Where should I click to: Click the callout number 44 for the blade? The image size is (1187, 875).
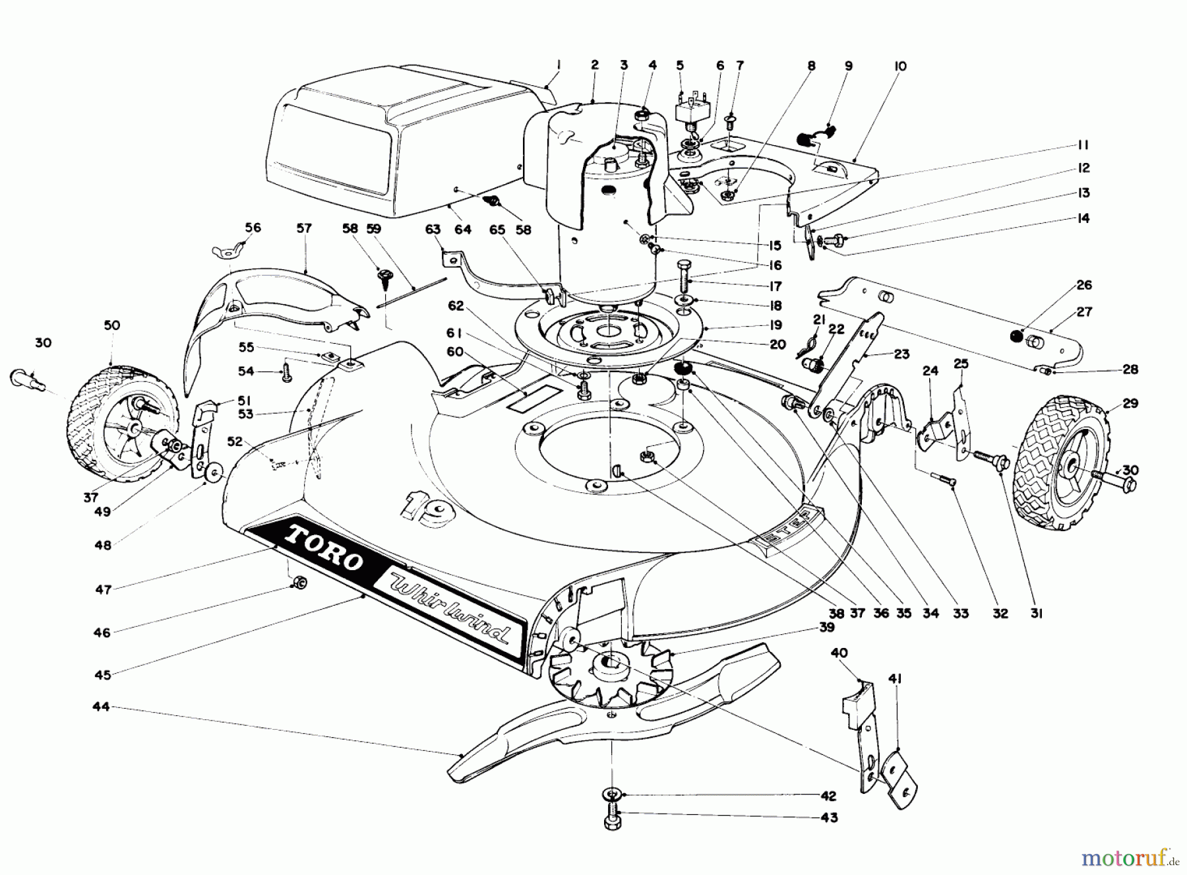(101, 707)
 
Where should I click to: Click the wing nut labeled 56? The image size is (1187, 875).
(224, 251)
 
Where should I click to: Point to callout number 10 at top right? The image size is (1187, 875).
(900, 66)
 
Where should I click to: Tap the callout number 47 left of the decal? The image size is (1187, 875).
(104, 589)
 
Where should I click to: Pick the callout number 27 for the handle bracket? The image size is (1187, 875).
(1084, 312)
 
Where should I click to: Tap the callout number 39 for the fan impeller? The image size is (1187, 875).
(827, 628)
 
